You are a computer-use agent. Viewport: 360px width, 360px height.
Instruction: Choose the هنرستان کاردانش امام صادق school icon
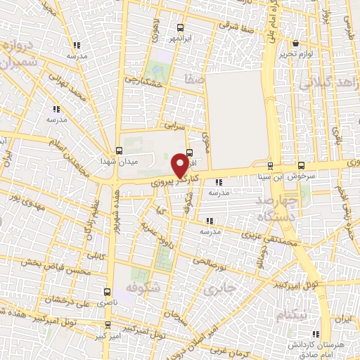tap(316, 333)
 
